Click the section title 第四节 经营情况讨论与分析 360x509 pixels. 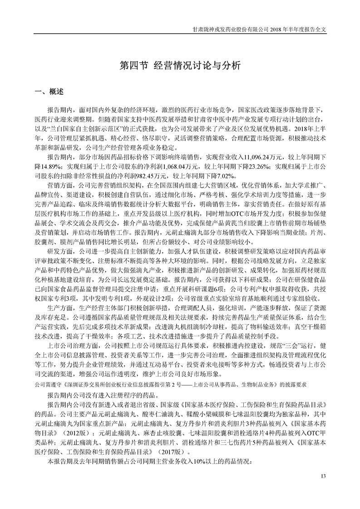(x=179, y=65)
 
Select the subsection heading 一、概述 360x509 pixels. (x=49, y=93)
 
